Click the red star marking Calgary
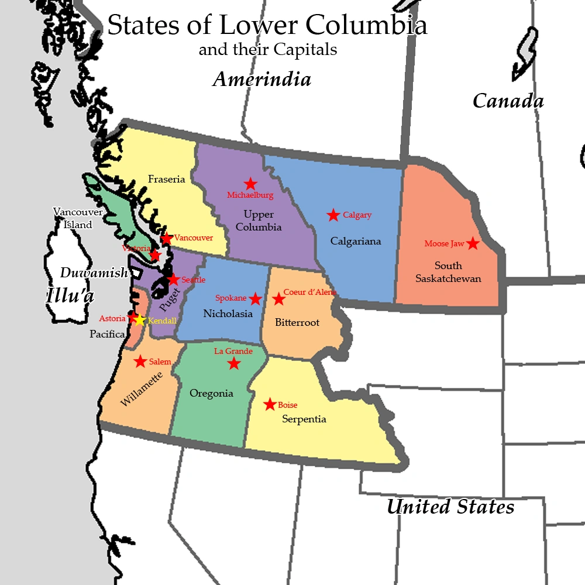[333, 215]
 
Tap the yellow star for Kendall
[139, 320]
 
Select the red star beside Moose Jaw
[473, 243]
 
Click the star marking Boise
[270, 404]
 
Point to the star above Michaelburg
[250, 184]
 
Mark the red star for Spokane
[255, 299]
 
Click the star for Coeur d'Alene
[278, 300]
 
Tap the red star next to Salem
[140, 362]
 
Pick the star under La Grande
[234, 364]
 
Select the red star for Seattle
[173, 280]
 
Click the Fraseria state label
[166, 179]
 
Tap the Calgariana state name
[356, 241]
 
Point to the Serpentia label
[304, 419]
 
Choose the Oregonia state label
[211, 393]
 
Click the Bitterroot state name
[297, 322]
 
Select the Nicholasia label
[228, 314]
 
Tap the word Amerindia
[261, 79]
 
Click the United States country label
[450, 507]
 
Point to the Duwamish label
[94, 273]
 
